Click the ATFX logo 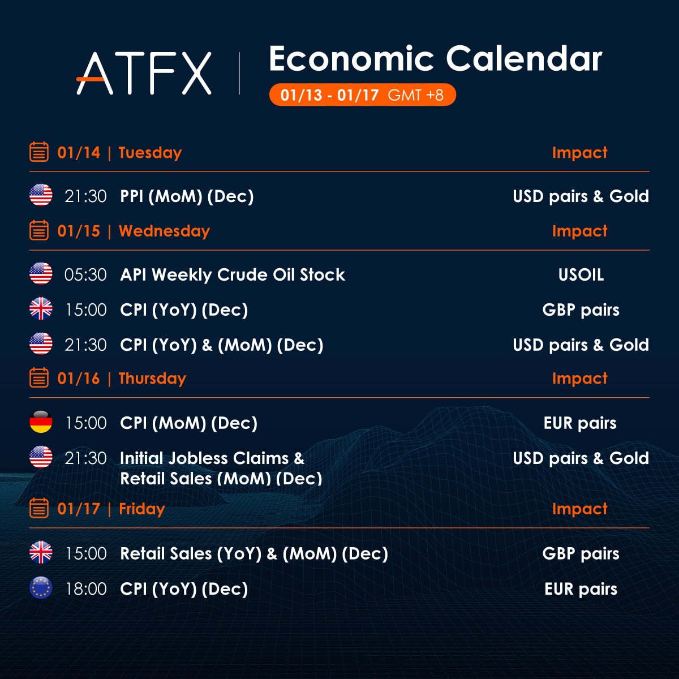[x=144, y=73]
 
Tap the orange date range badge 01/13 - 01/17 [x=362, y=94]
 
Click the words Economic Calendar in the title [x=436, y=59]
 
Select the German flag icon [x=41, y=422]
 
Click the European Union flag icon [x=41, y=588]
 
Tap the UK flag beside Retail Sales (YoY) [x=41, y=552]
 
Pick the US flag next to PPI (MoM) [x=41, y=195]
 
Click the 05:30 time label [x=85, y=274]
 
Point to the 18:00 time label [x=86, y=589]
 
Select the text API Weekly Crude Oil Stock [x=233, y=274]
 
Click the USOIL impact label [x=581, y=274]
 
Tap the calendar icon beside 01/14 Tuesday [x=39, y=152]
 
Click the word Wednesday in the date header [x=164, y=231]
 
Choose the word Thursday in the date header [x=152, y=379]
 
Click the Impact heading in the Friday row [x=579, y=509]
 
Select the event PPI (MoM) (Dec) [x=187, y=196]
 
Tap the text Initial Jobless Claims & [x=212, y=458]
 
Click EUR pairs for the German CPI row [x=580, y=423]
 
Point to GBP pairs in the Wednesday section [x=581, y=310]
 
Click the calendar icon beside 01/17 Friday [x=39, y=508]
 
